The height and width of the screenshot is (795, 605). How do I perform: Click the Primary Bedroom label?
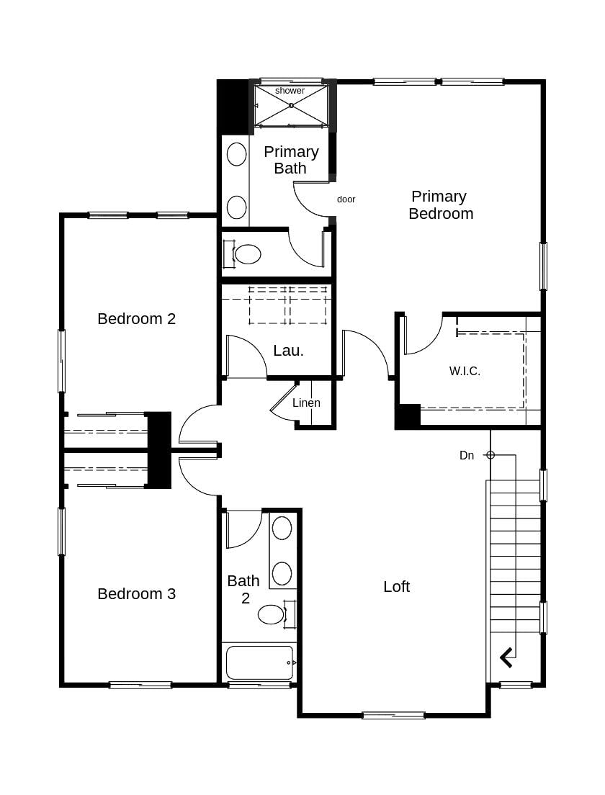[x=440, y=205]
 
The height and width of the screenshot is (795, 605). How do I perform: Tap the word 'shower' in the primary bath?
[x=290, y=91]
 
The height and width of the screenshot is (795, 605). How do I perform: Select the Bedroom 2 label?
[x=136, y=318]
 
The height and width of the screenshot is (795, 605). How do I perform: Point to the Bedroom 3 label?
[x=136, y=594]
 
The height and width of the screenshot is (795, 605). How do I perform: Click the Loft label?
[x=396, y=587]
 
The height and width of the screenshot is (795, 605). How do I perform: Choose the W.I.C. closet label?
[x=465, y=372]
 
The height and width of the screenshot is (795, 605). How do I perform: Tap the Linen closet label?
[x=306, y=403]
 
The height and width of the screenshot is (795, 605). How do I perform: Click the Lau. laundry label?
[x=288, y=351]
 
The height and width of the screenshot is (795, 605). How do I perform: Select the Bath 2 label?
[x=243, y=589]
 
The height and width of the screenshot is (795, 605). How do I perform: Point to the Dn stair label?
[x=467, y=456]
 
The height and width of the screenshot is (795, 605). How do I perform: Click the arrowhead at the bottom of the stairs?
[x=506, y=657]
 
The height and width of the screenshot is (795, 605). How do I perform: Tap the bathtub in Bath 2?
[x=259, y=662]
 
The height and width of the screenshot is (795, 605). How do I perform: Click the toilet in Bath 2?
[x=272, y=614]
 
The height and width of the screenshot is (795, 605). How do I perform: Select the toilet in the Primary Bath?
[x=247, y=254]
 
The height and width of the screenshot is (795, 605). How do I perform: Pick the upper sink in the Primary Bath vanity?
[x=236, y=154]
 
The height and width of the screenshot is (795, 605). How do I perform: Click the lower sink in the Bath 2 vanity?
[x=282, y=573]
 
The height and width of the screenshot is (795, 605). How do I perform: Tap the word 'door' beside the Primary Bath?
[x=346, y=199]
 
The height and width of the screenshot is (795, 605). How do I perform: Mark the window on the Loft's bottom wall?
[x=393, y=715]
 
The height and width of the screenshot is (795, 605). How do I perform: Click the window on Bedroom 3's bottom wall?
[x=140, y=685]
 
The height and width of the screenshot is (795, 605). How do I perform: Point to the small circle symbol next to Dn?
[x=490, y=455]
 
